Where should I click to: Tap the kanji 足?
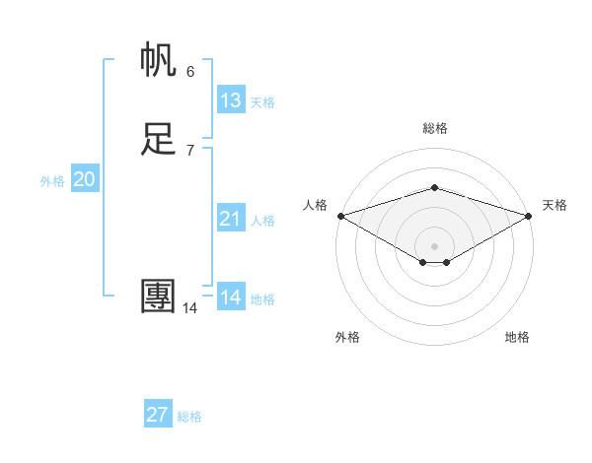(x=159, y=139)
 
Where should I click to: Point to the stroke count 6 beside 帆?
(x=190, y=71)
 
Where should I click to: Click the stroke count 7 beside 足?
(x=190, y=150)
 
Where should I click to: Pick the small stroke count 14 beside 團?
(x=189, y=308)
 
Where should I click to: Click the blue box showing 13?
(x=231, y=100)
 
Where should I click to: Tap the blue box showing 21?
(x=231, y=219)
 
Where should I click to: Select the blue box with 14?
(x=231, y=297)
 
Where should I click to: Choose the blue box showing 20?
(x=85, y=179)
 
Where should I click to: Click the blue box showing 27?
(x=158, y=415)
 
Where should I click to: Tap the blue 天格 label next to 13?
(x=262, y=102)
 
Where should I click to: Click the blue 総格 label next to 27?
(x=189, y=417)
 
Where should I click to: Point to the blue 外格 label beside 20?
(x=52, y=181)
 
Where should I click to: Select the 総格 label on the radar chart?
(x=434, y=128)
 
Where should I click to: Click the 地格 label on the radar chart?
(x=517, y=337)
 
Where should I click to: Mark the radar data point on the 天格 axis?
(x=528, y=216)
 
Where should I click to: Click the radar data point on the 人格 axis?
(x=340, y=216)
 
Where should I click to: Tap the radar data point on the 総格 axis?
(x=434, y=187)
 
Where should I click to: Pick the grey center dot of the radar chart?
(x=434, y=245)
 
